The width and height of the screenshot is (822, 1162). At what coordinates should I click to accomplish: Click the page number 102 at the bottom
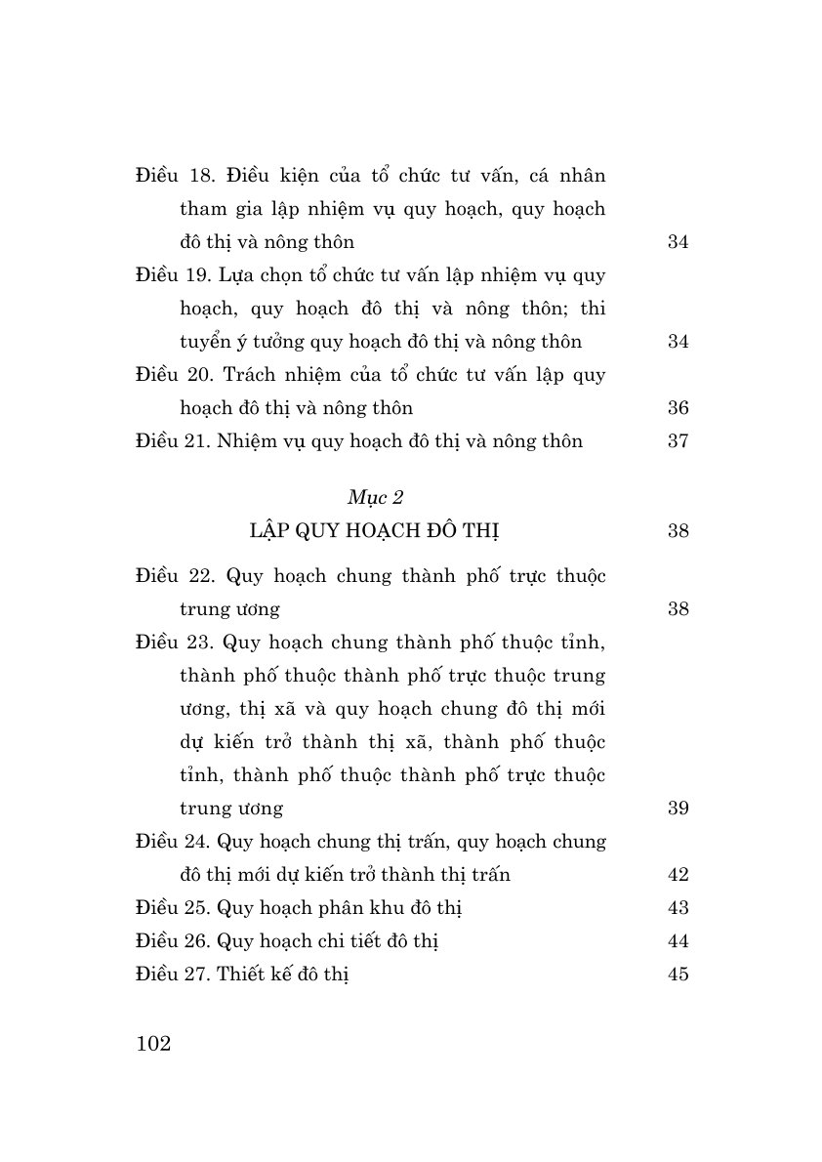154,1044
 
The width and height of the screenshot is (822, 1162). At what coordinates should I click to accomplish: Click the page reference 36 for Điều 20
678,408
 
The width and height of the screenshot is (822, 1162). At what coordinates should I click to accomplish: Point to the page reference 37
678,441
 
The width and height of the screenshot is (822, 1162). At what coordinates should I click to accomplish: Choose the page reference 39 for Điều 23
678,809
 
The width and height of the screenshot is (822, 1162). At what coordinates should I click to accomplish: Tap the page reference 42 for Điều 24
678,875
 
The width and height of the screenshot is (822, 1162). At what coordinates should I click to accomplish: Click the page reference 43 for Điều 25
678,908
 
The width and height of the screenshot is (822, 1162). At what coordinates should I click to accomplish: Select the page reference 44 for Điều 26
678,941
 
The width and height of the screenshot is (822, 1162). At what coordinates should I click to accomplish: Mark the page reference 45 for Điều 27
678,975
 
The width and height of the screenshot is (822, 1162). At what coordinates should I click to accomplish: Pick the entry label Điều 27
171,975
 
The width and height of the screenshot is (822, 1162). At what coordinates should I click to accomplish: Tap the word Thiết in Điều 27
241,975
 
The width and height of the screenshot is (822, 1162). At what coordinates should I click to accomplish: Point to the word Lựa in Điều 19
238,275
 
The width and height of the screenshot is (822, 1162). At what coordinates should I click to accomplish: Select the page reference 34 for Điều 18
678,242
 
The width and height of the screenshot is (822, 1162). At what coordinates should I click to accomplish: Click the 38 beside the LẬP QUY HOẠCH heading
678,531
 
